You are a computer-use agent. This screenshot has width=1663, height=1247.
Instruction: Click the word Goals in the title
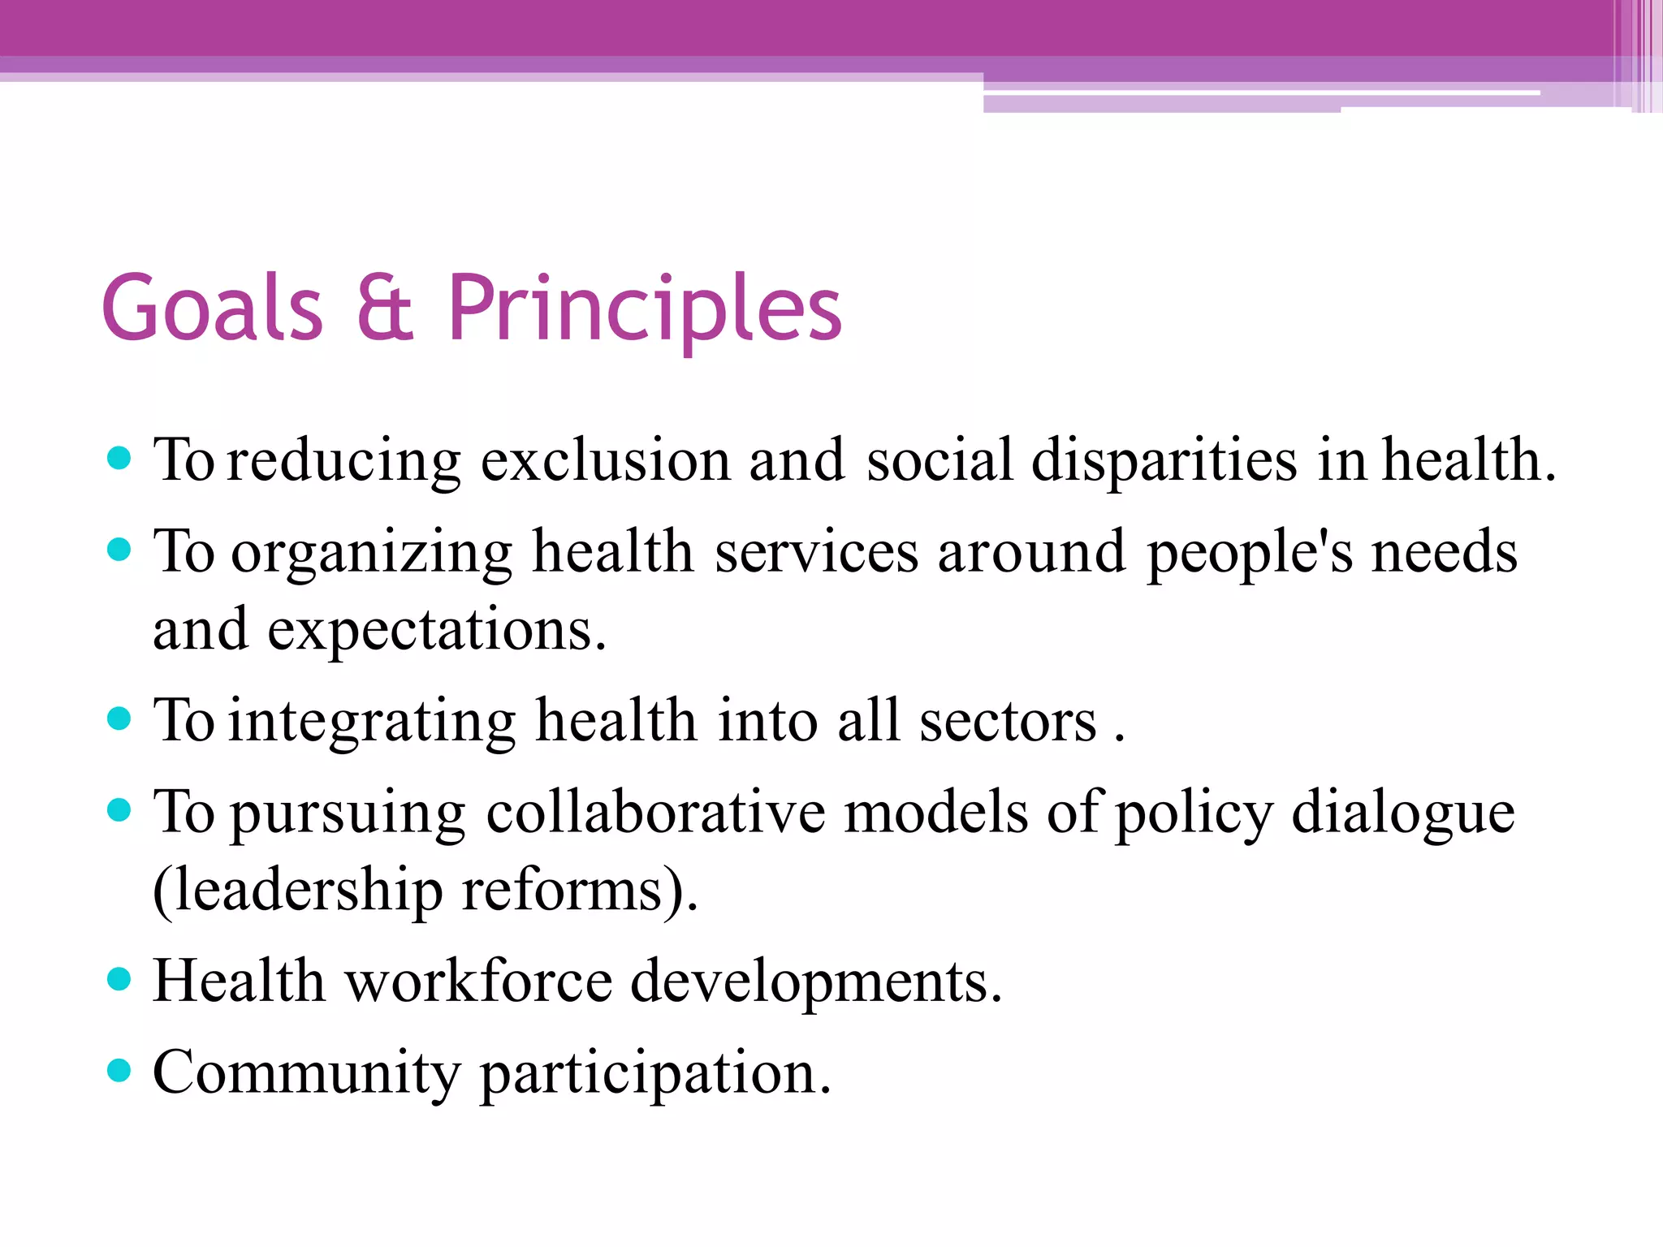(213, 309)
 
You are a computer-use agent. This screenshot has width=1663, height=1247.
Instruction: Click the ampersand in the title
(385, 309)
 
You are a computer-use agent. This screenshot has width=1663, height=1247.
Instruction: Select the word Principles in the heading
(644, 309)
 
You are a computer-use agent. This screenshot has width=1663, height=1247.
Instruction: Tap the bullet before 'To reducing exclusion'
(119, 459)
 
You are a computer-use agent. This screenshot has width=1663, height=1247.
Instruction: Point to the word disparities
(1164, 461)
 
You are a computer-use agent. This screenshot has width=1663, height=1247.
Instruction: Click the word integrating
(372, 721)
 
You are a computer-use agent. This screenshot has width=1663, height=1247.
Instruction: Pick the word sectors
(1008, 721)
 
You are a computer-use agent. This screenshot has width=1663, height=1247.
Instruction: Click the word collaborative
(655, 813)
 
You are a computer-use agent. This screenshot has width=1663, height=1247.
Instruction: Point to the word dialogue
(1402, 813)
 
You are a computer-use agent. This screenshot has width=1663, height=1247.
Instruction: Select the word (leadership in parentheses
(297, 891)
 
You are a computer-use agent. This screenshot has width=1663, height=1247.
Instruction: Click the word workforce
(478, 982)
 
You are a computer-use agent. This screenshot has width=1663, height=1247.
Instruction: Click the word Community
(307, 1073)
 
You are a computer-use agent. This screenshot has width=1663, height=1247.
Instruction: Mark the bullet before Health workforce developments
(119, 979)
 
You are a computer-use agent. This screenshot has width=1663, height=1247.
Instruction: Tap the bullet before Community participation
(119, 1070)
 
